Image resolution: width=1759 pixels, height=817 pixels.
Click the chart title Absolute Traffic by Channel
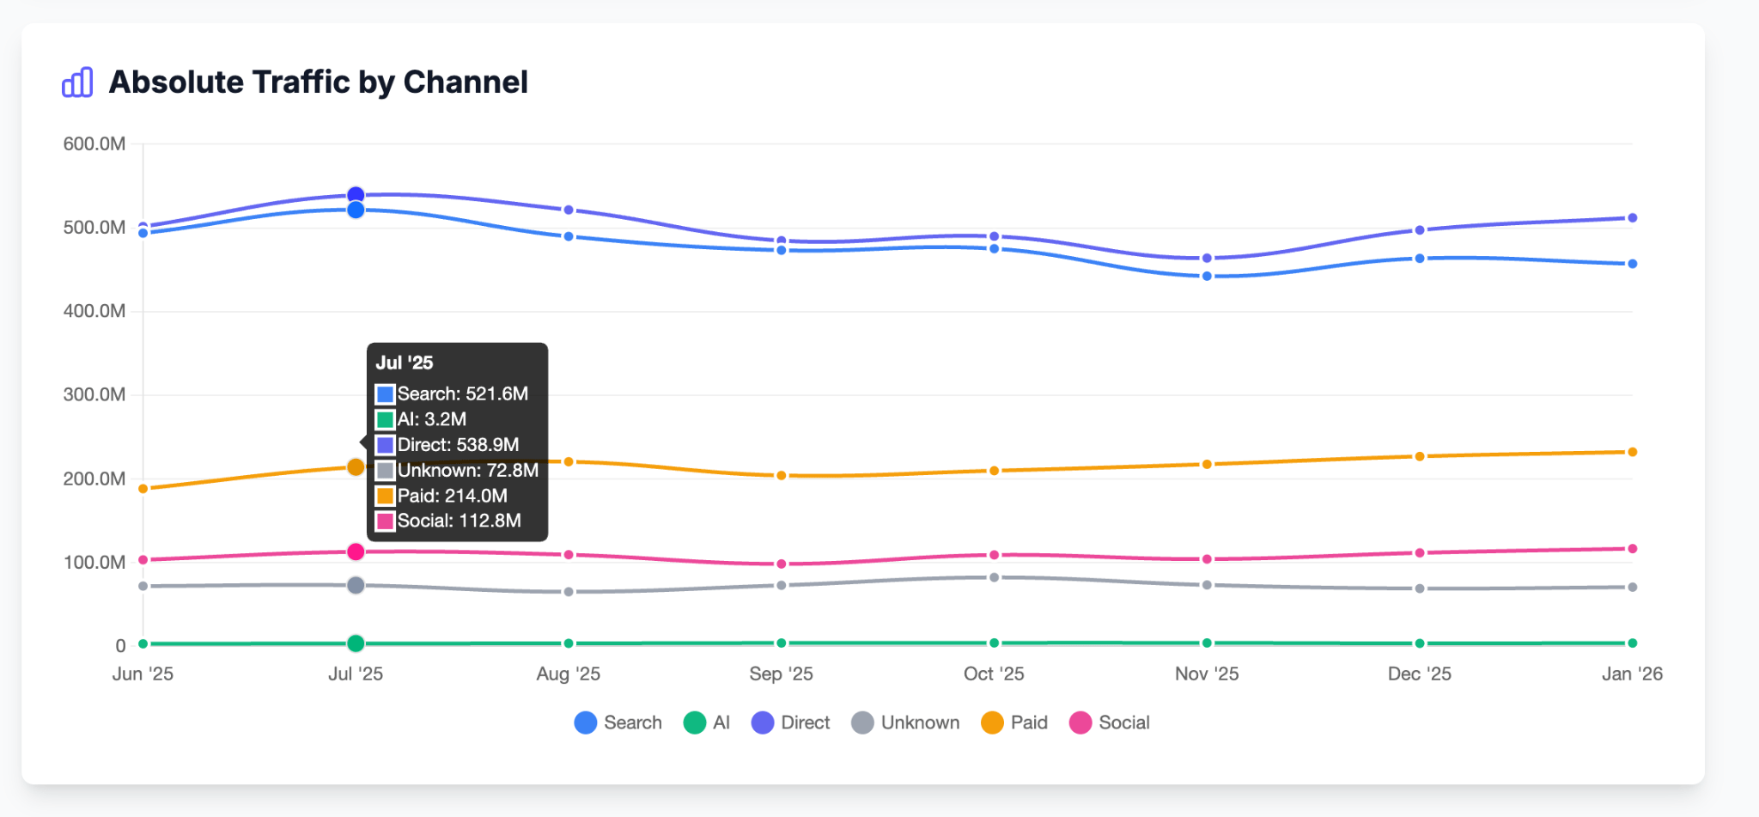(x=318, y=82)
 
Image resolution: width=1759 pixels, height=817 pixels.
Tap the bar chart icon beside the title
(x=77, y=82)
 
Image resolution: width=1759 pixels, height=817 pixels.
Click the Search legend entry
(x=618, y=722)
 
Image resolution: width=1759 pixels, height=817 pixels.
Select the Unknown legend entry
(x=906, y=722)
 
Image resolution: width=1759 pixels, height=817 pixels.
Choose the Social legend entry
(x=1110, y=722)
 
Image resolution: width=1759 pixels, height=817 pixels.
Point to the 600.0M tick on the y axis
(x=94, y=144)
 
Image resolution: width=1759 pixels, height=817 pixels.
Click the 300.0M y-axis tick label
(x=94, y=395)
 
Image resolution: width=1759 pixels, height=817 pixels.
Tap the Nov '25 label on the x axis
(x=1207, y=674)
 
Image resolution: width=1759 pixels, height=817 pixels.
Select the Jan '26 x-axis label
(x=1632, y=674)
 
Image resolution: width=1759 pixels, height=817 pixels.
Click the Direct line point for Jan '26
(x=1633, y=218)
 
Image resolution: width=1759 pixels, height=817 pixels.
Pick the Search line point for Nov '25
(x=1207, y=277)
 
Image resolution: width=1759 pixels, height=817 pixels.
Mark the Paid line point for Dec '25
(x=1420, y=456)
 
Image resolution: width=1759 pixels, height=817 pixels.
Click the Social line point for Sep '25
(x=782, y=564)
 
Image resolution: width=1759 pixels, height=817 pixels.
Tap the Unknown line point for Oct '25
(x=994, y=577)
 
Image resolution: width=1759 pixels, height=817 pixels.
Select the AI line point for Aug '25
(x=569, y=643)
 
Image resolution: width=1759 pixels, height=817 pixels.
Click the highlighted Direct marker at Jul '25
(x=356, y=195)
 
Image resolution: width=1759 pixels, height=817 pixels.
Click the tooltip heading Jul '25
(x=405, y=363)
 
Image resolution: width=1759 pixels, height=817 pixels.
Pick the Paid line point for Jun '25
(x=143, y=489)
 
